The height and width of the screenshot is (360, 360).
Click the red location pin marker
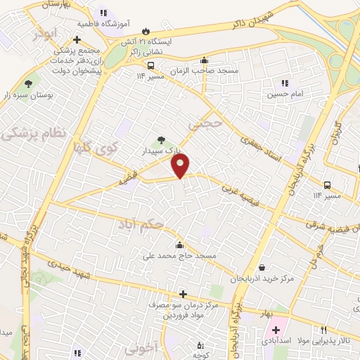click(181, 165)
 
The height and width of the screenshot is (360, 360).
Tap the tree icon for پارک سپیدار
click(162, 139)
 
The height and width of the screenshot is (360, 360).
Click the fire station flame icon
click(146, 31)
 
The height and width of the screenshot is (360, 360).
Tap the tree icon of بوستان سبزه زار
click(29, 83)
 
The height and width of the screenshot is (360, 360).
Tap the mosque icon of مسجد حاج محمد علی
click(180, 245)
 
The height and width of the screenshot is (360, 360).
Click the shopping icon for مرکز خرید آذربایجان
click(262, 267)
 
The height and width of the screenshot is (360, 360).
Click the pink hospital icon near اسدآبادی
click(275, 329)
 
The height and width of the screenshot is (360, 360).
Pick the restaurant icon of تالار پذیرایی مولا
click(323, 330)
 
